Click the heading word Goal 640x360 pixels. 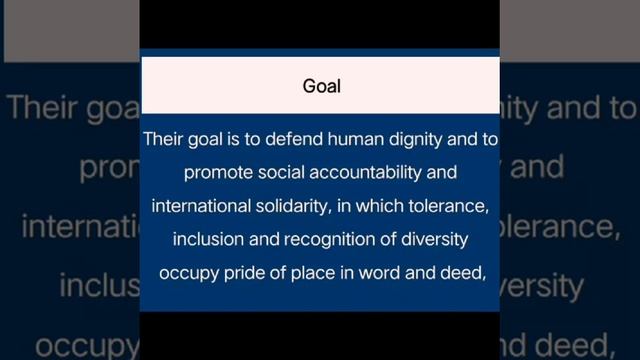click(321, 86)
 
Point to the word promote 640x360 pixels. click(216, 173)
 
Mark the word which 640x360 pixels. click(377, 206)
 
